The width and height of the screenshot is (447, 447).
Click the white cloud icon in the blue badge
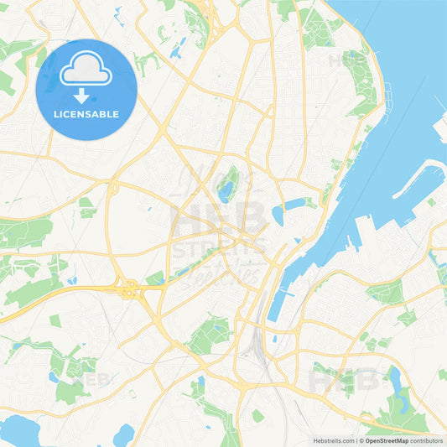86,69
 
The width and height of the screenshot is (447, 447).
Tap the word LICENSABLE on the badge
86,114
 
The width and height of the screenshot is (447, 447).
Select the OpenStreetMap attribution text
387,439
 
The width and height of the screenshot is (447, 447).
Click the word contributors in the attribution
427,439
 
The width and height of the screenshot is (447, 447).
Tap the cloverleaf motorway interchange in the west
131,290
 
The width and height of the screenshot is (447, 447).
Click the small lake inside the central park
226,192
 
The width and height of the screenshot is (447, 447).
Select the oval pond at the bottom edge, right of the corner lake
124,434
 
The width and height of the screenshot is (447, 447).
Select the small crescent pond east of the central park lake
289,205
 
